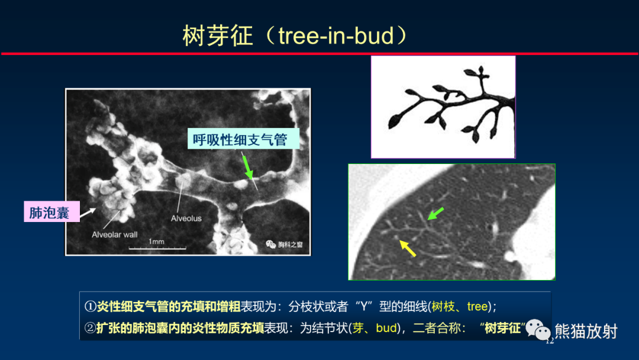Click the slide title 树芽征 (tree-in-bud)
coord(295,36)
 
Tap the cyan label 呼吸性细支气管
coord(240,140)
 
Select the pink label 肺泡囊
coord(50,213)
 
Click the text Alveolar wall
coord(114,234)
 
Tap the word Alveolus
coord(186,218)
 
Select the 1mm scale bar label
coord(156,242)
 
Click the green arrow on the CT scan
coord(435,214)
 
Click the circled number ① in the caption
coord(90,307)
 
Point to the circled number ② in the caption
coord(90,328)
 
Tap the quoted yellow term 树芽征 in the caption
coord(502,328)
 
